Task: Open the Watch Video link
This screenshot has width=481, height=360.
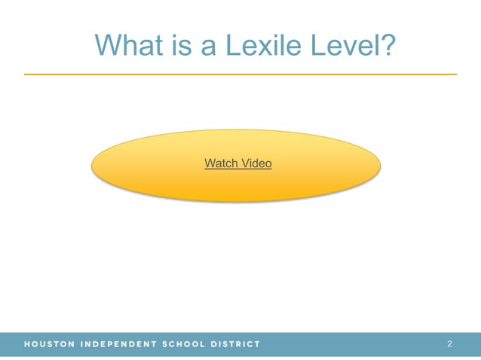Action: (237, 163)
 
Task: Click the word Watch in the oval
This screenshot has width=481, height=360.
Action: (221, 163)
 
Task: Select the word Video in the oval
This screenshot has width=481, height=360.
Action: (256, 163)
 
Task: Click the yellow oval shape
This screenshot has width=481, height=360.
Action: (151, 177)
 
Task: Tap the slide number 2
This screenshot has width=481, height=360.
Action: (449, 344)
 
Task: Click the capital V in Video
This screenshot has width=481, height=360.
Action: (244, 163)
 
